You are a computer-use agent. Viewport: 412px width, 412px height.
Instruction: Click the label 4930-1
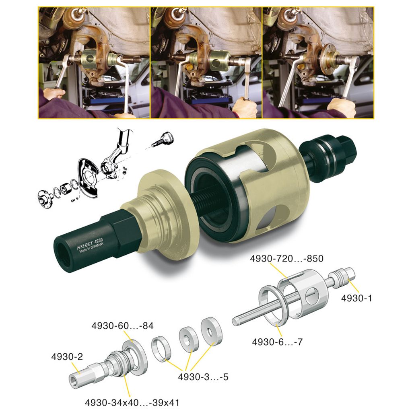(356, 298)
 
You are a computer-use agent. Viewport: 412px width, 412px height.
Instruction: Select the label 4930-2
(67, 356)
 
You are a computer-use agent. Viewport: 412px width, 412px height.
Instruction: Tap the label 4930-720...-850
(286, 259)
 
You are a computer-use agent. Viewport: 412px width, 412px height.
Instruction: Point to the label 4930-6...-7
(277, 342)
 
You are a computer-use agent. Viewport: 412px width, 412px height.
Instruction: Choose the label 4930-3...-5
(203, 378)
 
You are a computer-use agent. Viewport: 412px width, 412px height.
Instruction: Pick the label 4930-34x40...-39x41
(132, 402)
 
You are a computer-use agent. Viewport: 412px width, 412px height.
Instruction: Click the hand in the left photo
(54, 94)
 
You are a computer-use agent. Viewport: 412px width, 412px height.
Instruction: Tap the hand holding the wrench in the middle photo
(245, 107)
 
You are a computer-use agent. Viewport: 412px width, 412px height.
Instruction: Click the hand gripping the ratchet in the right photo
(342, 105)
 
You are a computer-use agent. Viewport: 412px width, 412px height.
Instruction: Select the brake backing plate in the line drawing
(86, 173)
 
